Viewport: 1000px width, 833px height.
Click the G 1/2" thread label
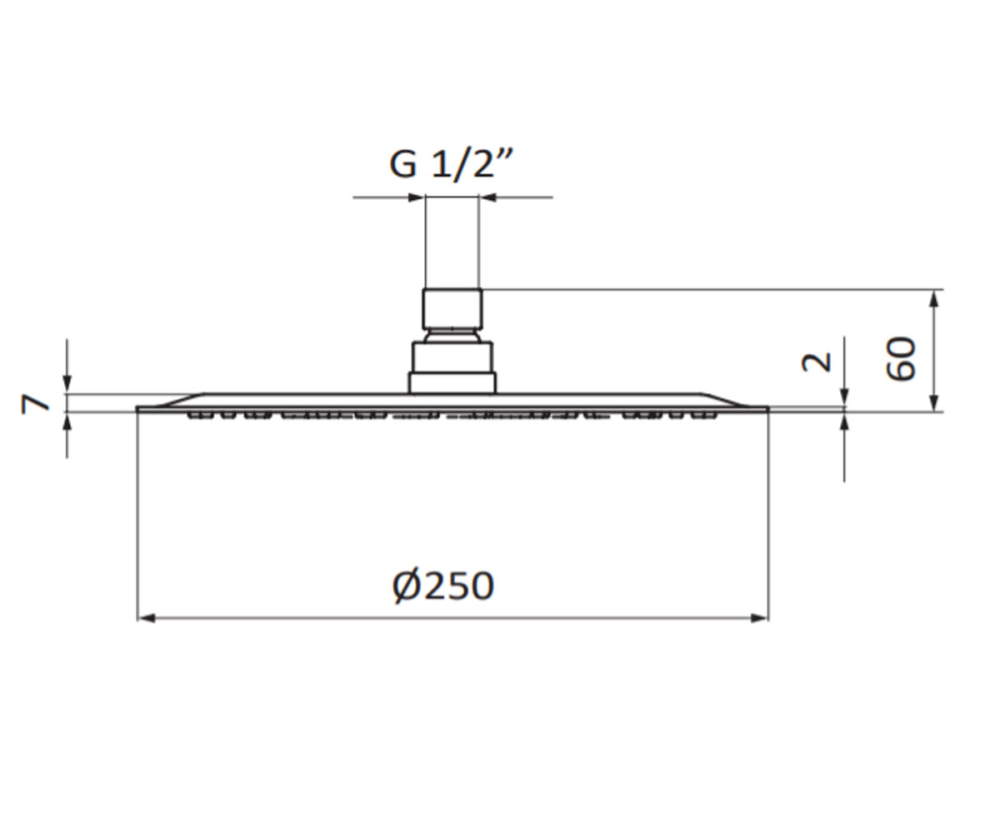coord(451,165)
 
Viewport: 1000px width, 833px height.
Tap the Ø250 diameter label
coord(443,585)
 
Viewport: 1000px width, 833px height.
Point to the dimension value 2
coord(817,362)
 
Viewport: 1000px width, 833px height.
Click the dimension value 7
coord(35,403)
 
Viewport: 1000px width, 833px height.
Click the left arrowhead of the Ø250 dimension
coord(146,618)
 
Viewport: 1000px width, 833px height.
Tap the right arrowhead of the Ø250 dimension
coord(759,618)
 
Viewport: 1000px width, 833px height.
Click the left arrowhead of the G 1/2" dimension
coord(416,197)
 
